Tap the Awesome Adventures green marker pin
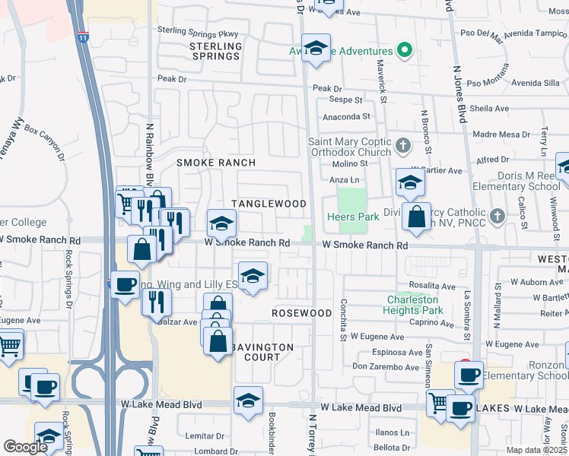point(405,52)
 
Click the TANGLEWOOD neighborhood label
point(269,204)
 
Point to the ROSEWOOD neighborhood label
point(302,313)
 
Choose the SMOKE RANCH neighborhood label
point(216,163)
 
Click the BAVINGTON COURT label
point(262,352)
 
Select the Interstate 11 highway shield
point(83,36)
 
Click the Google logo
point(25,447)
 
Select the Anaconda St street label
point(346,117)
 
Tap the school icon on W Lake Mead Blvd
point(249,400)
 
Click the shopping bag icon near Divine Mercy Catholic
point(416,217)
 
